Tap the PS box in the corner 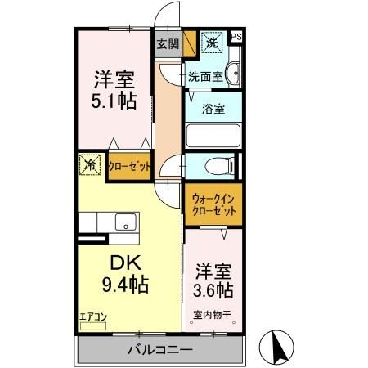(236, 37)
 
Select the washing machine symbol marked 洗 (211, 43)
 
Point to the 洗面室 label (205, 78)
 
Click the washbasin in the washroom (233, 73)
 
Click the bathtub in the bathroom (213, 134)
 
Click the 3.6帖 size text (213, 290)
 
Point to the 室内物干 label (212, 314)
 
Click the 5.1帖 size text (114, 102)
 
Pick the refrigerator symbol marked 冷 (89, 165)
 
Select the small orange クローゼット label (129, 166)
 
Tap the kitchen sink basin (126, 222)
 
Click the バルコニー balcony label (159, 350)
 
